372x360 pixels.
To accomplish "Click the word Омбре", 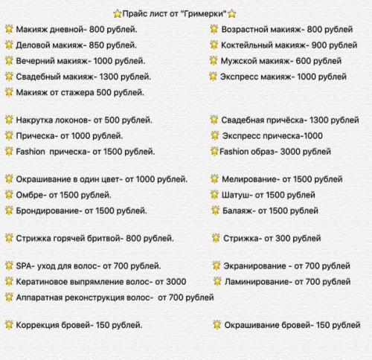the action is pyautogui.click(x=30, y=195).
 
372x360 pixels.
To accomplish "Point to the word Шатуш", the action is pyautogui.click(x=237, y=195).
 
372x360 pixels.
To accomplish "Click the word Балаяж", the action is pyautogui.click(x=239, y=210).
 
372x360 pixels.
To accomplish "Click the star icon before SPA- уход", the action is pyautogui.click(x=8, y=266).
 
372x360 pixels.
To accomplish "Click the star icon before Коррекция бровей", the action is pyautogui.click(x=8, y=325).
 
